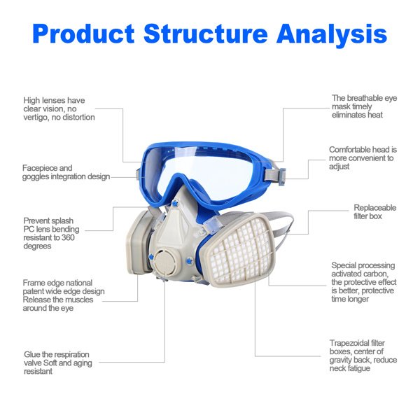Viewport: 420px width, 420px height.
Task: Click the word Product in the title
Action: [83, 34]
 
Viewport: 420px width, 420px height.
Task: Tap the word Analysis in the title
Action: [332, 35]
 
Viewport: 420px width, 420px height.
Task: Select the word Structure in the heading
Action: [205, 34]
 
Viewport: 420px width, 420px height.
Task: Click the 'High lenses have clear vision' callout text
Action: [59, 108]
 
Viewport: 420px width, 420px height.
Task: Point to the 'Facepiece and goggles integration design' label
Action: [66, 172]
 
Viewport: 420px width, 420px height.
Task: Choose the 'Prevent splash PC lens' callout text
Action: [51, 233]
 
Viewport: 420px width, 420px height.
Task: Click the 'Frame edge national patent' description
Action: [64, 295]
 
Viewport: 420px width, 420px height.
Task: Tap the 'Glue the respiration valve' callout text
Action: [58, 363]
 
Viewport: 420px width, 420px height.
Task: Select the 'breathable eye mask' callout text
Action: [364, 106]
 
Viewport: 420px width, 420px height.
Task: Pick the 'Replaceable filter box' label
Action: [374, 212]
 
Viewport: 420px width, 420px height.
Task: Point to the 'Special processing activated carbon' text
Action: [364, 282]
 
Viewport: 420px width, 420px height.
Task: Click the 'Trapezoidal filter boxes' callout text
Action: [363, 356]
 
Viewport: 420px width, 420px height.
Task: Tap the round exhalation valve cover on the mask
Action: [164, 261]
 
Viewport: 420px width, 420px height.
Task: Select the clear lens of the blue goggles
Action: [204, 174]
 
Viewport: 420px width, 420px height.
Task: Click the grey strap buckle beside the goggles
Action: [282, 174]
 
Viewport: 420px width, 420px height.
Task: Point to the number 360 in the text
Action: [68, 237]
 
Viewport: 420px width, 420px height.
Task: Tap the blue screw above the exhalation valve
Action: [176, 204]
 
